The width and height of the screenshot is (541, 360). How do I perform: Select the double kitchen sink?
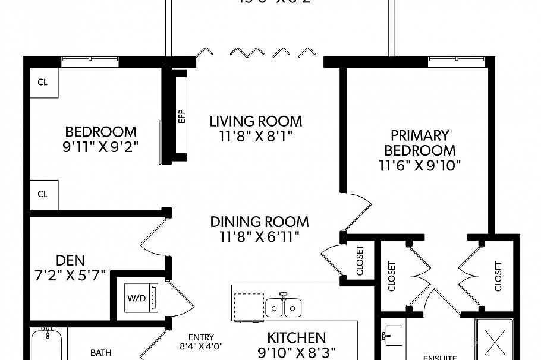coord(282,307)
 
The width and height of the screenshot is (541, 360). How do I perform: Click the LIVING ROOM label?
coord(256,121)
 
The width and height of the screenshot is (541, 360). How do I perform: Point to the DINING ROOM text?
coord(260,222)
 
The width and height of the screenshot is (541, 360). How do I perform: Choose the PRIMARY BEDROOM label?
coord(420,143)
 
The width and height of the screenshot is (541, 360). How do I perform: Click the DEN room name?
coord(70,260)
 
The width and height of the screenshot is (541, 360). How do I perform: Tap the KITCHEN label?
coord(296,337)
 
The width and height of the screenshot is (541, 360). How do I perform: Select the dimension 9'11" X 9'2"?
coord(100,147)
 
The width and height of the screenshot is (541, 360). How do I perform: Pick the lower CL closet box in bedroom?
coord(43,194)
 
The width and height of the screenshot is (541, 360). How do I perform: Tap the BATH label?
coord(100,352)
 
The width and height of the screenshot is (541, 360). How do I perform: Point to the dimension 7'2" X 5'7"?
coord(70,275)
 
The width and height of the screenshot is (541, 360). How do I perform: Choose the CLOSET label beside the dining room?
coord(360,260)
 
